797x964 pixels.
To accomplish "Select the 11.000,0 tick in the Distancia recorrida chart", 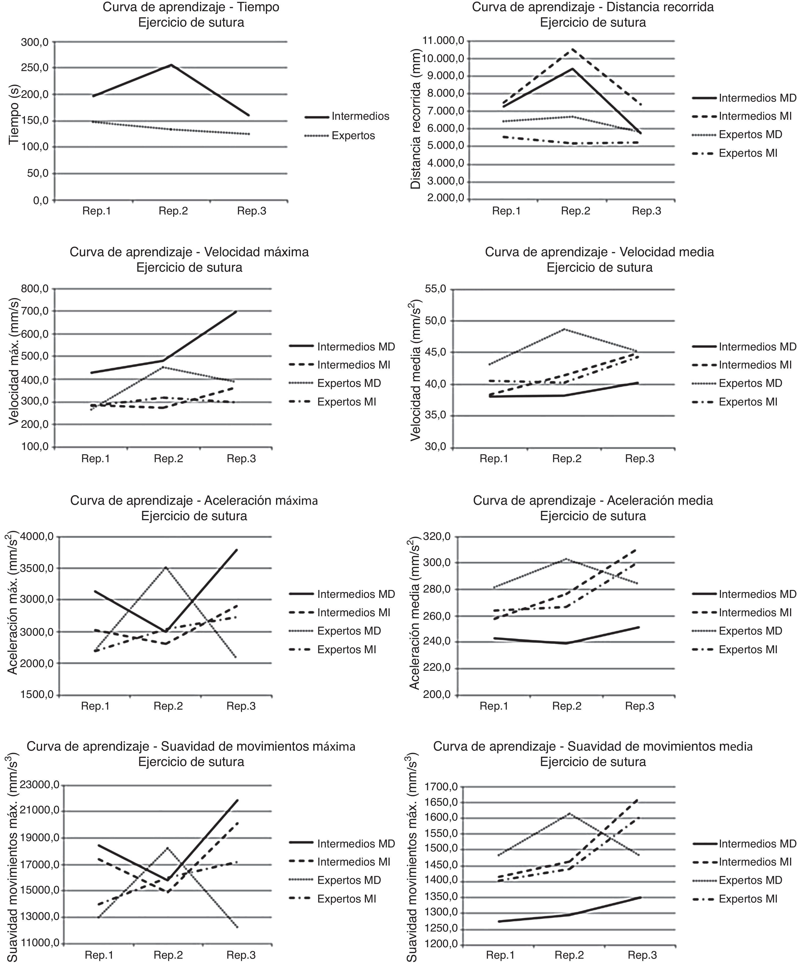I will (443, 41).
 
